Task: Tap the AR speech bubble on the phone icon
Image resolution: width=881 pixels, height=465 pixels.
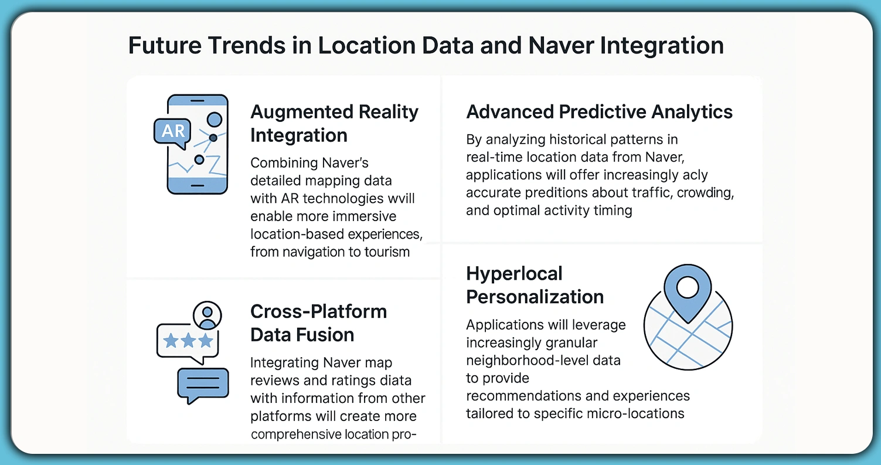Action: coord(173,131)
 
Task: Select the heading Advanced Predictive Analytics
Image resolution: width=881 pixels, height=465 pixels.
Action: coord(599,111)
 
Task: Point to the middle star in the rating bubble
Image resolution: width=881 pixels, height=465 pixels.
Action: coord(188,341)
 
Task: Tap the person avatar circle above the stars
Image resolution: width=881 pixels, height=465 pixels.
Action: coord(206,315)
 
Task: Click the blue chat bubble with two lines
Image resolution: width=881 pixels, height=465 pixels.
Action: coord(202,384)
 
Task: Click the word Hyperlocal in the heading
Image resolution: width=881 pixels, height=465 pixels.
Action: coord(514,273)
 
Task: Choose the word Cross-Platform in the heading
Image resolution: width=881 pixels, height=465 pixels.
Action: coord(318,311)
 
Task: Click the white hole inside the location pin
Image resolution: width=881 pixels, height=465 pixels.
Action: coord(688,287)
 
